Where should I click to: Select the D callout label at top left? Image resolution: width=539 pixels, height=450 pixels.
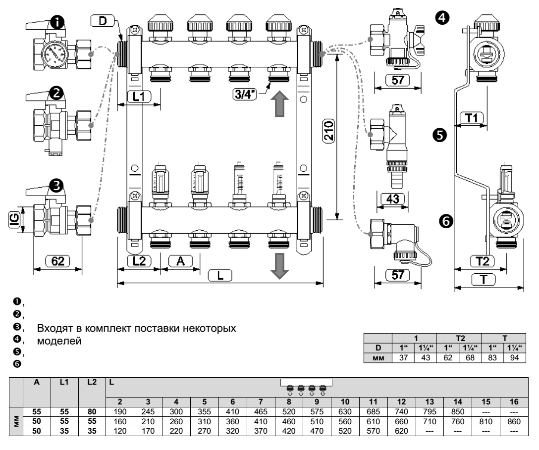point(103,21)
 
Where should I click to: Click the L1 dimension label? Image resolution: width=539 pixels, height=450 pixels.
point(139,97)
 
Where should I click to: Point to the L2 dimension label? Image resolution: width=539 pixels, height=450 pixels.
point(139,260)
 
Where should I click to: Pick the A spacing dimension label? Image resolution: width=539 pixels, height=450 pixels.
point(180,260)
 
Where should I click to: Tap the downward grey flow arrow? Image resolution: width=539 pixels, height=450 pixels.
point(279,265)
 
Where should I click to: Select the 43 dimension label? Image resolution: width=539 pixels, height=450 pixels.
point(391,200)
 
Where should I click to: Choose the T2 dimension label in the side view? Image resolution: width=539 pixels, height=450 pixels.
point(481,260)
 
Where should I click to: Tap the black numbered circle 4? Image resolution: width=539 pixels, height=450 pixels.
point(439,17)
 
